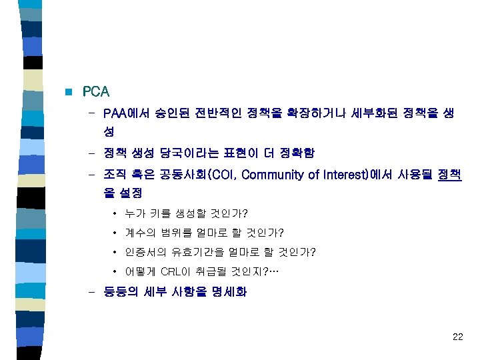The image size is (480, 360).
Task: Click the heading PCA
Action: pos(96,91)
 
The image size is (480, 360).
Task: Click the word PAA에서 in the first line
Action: pos(127,114)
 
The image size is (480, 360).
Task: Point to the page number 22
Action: pos(457,337)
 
